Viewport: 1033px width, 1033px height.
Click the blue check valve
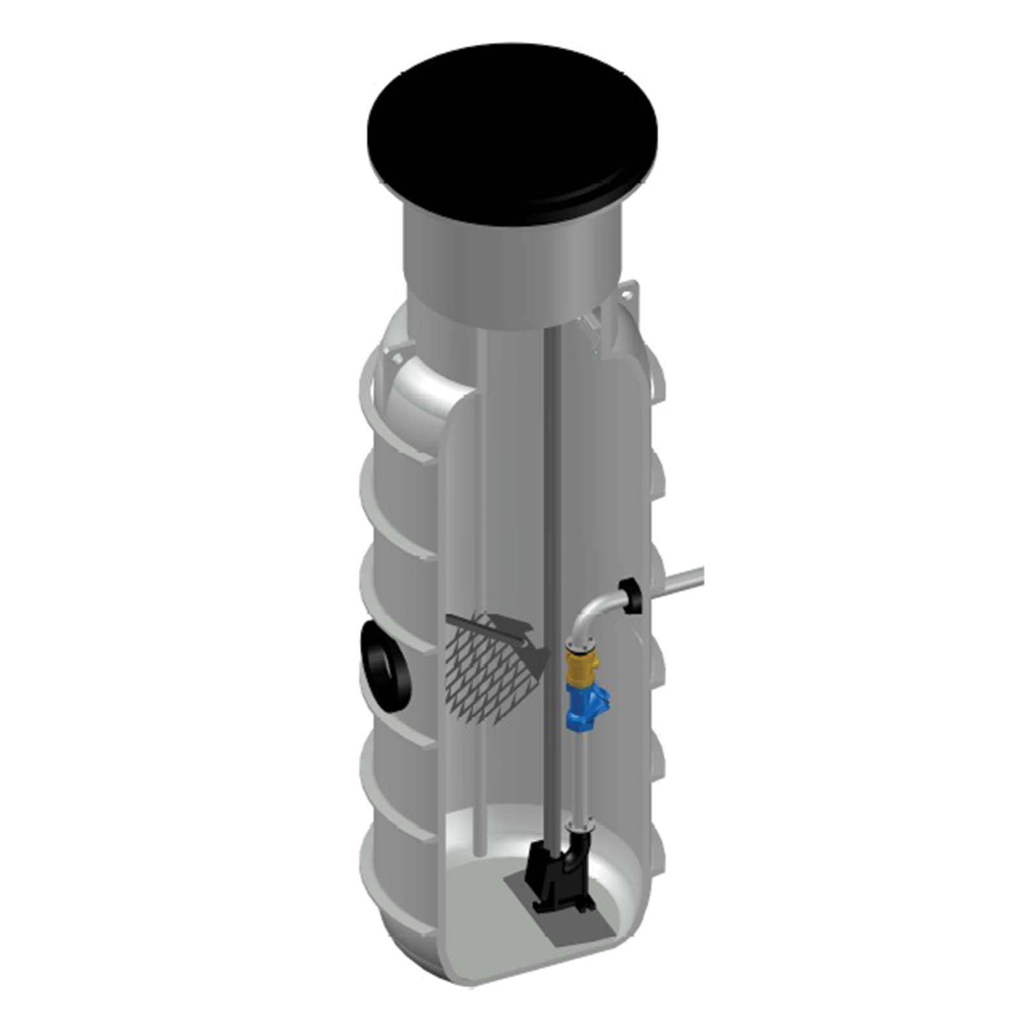pos(584,707)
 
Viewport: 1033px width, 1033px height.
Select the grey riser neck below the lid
pos(513,271)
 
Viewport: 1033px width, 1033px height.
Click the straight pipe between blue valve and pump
pos(578,775)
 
